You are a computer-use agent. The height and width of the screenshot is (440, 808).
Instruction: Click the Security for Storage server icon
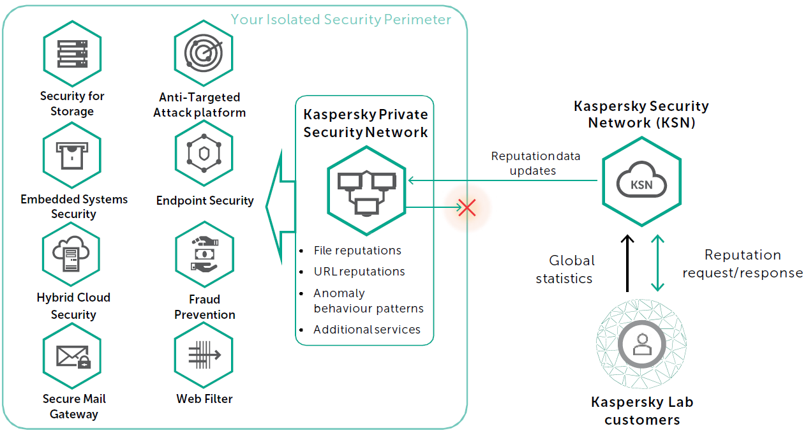coord(72,54)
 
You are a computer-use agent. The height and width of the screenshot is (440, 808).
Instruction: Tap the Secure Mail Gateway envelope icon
coord(72,356)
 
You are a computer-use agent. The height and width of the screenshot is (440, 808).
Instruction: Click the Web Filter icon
coord(204,356)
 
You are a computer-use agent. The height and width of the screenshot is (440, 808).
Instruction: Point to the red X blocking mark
coord(467,207)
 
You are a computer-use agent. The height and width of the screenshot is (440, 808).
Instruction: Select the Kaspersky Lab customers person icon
coord(641,345)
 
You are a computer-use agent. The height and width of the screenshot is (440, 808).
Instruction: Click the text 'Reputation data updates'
coord(535,163)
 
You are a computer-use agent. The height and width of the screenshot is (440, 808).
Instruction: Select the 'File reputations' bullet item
coord(357,251)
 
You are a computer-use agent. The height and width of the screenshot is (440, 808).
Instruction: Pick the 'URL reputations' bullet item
coord(359,272)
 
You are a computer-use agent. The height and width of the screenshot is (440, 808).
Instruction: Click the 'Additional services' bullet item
coord(366,330)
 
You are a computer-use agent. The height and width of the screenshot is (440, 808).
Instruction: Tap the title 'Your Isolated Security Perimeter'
coord(341,20)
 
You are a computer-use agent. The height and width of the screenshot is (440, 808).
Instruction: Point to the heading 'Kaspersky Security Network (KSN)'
coord(641,114)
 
